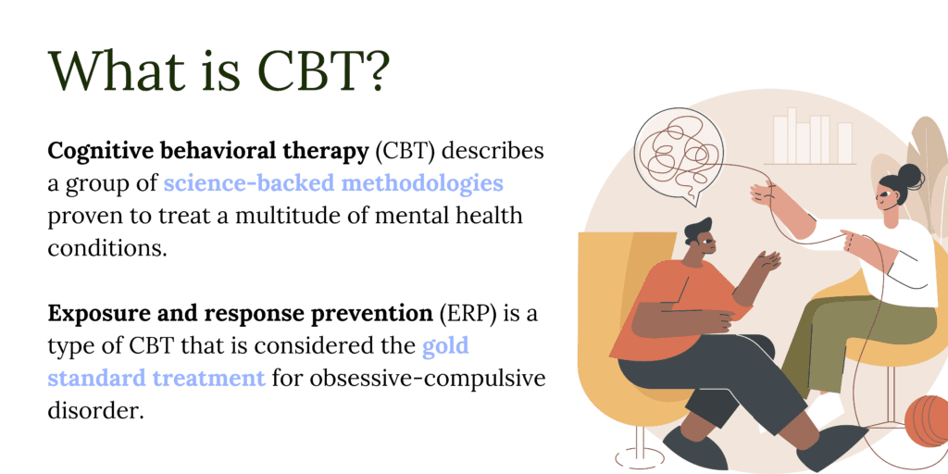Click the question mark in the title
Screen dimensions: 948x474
[x=370, y=71]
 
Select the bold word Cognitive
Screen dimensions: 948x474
[x=97, y=153]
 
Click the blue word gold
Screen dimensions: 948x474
[x=445, y=347]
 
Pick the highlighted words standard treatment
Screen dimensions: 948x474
[x=156, y=379]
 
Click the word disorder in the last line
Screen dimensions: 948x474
[x=96, y=412]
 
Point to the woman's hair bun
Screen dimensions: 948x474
[x=911, y=176]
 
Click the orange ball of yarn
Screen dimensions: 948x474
[x=926, y=421]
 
